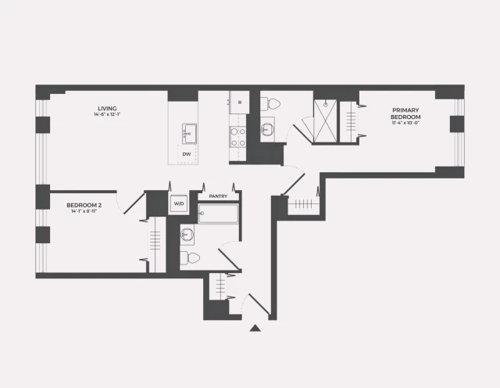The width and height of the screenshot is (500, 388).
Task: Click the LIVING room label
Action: click(x=107, y=108)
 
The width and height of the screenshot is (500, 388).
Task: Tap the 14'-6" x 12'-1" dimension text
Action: click(x=107, y=116)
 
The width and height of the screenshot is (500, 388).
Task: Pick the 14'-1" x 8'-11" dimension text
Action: click(x=84, y=211)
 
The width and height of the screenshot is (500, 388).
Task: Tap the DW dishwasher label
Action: click(x=187, y=154)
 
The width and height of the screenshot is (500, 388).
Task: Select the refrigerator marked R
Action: click(x=238, y=103)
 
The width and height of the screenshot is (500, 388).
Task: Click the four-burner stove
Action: click(x=237, y=137)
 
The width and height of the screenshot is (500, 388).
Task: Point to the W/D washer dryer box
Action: click(x=179, y=204)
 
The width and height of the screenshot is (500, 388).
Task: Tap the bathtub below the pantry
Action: click(x=218, y=214)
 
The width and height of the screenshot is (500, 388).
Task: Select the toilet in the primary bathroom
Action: click(x=270, y=102)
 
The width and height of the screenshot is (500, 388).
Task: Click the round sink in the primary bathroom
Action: click(x=268, y=131)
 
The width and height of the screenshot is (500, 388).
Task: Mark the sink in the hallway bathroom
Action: click(x=187, y=233)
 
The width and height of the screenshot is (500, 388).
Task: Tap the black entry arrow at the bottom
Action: click(x=254, y=329)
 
